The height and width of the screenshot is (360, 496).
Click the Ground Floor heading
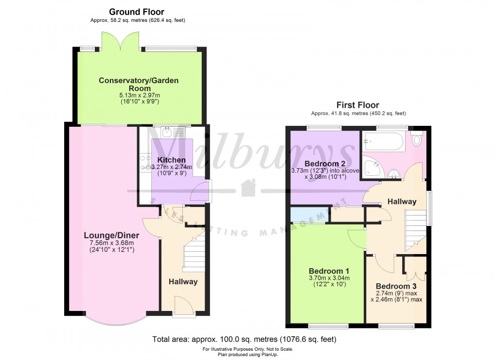[x=136, y=12]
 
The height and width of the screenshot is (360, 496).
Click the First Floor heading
[x=357, y=105]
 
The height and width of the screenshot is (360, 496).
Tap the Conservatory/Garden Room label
[x=139, y=84]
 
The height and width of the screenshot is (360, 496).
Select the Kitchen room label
[x=171, y=160]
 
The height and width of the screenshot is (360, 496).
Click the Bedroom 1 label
[x=329, y=271]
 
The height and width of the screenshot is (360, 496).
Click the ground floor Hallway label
[x=183, y=282]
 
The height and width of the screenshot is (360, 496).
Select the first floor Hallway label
[x=402, y=202]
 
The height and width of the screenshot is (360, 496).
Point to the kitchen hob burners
[x=145, y=163]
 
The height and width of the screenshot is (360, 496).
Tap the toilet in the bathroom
[x=417, y=139]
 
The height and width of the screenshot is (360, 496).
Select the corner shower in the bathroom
[x=372, y=168]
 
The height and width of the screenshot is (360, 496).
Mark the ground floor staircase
[x=193, y=253]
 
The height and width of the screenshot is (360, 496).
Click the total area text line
[x=244, y=339]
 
